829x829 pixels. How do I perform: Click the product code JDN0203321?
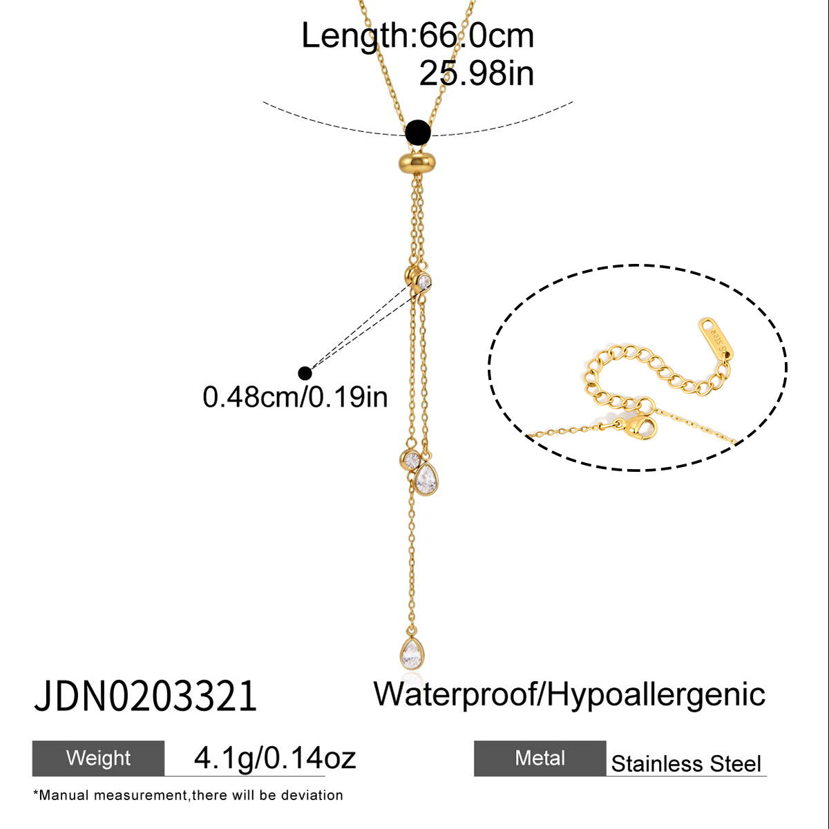[x=145, y=696]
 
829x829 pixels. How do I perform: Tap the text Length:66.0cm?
[x=418, y=36]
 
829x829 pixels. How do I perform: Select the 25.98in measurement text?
[x=476, y=73]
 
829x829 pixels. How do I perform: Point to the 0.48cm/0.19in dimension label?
[x=295, y=397]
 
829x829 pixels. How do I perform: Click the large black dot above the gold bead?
[x=418, y=133]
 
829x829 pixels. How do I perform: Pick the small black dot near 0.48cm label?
[x=305, y=373]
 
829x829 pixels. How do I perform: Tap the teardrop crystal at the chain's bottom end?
[x=412, y=654]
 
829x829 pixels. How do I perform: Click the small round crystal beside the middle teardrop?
[x=410, y=460]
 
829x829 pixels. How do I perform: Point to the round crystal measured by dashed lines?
[x=423, y=282]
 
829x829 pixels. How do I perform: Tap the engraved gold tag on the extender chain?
[x=714, y=338]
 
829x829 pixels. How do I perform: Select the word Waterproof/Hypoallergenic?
[x=569, y=694]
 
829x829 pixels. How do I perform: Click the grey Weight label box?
[x=98, y=758]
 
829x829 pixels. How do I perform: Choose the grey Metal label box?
[x=540, y=758]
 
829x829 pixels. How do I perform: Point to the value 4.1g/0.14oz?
[x=275, y=758]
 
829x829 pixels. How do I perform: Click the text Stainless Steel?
[x=686, y=764]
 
